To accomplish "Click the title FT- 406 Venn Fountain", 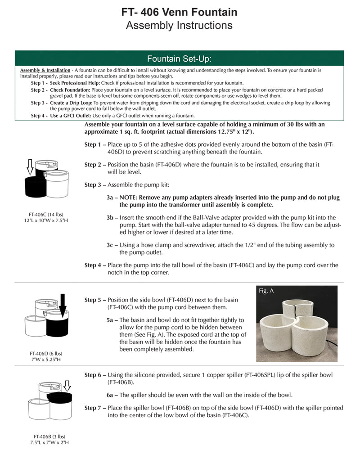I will pos(179,11).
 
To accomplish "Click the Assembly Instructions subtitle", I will pos(179,25).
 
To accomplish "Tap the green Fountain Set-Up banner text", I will pos(179,59).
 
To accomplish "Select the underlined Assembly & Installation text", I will pos(45,71).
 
